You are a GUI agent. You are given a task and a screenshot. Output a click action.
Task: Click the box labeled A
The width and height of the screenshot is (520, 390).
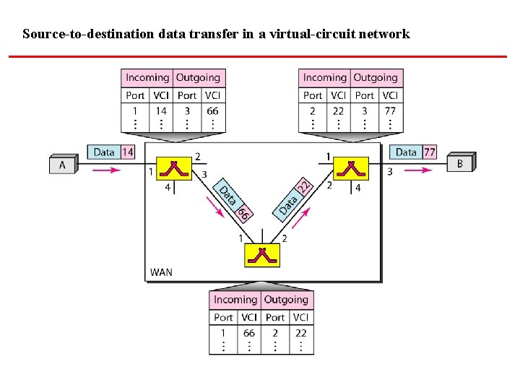[x=62, y=165]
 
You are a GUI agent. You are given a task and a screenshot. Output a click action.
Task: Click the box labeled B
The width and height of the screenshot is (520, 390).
[x=460, y=163]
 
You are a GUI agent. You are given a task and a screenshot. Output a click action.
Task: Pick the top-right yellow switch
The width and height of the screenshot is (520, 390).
[x=352, y=168]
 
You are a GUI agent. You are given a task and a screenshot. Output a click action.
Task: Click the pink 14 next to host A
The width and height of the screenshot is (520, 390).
[x=127, y=152]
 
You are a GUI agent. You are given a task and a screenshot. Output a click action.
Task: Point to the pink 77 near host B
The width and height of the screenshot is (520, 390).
[x=430, y=152]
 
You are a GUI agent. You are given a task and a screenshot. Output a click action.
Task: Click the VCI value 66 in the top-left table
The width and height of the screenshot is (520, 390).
[x=212, y=111]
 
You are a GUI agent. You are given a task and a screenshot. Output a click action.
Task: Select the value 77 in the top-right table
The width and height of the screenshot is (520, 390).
[x=390, y=111]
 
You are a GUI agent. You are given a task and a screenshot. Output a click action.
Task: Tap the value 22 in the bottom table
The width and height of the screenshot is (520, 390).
[x=300, y=333]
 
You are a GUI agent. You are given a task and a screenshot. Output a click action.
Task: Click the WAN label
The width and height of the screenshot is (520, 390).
[x=161, y=272]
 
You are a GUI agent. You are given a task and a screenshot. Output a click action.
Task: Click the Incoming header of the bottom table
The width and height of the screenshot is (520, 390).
[x=235, y=300]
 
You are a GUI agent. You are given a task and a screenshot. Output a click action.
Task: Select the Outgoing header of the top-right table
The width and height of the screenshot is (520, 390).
[x=376, y=77]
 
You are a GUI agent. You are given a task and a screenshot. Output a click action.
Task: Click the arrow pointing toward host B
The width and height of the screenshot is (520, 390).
[x=417, y=170]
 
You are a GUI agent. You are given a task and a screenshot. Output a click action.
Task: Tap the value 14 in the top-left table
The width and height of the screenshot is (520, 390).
[x=161, y=111]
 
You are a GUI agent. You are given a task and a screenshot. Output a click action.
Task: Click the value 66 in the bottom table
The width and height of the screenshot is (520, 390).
[x=249, y=333]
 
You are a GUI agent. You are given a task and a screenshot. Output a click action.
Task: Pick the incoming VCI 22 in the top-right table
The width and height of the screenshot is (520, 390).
[x=338, y=111]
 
